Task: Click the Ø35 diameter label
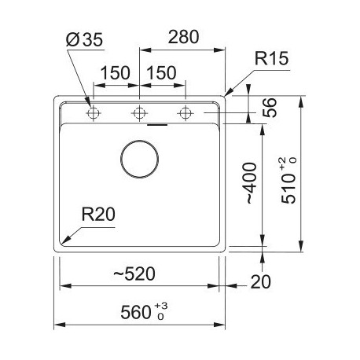coord(84,40)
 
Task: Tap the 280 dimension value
coord(183,37)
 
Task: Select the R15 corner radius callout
coord(271,58)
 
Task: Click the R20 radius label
coord(98,214)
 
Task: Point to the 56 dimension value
coord(270,108)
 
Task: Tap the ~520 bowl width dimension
coord(134,274)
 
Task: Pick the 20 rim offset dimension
coord(260,281)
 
